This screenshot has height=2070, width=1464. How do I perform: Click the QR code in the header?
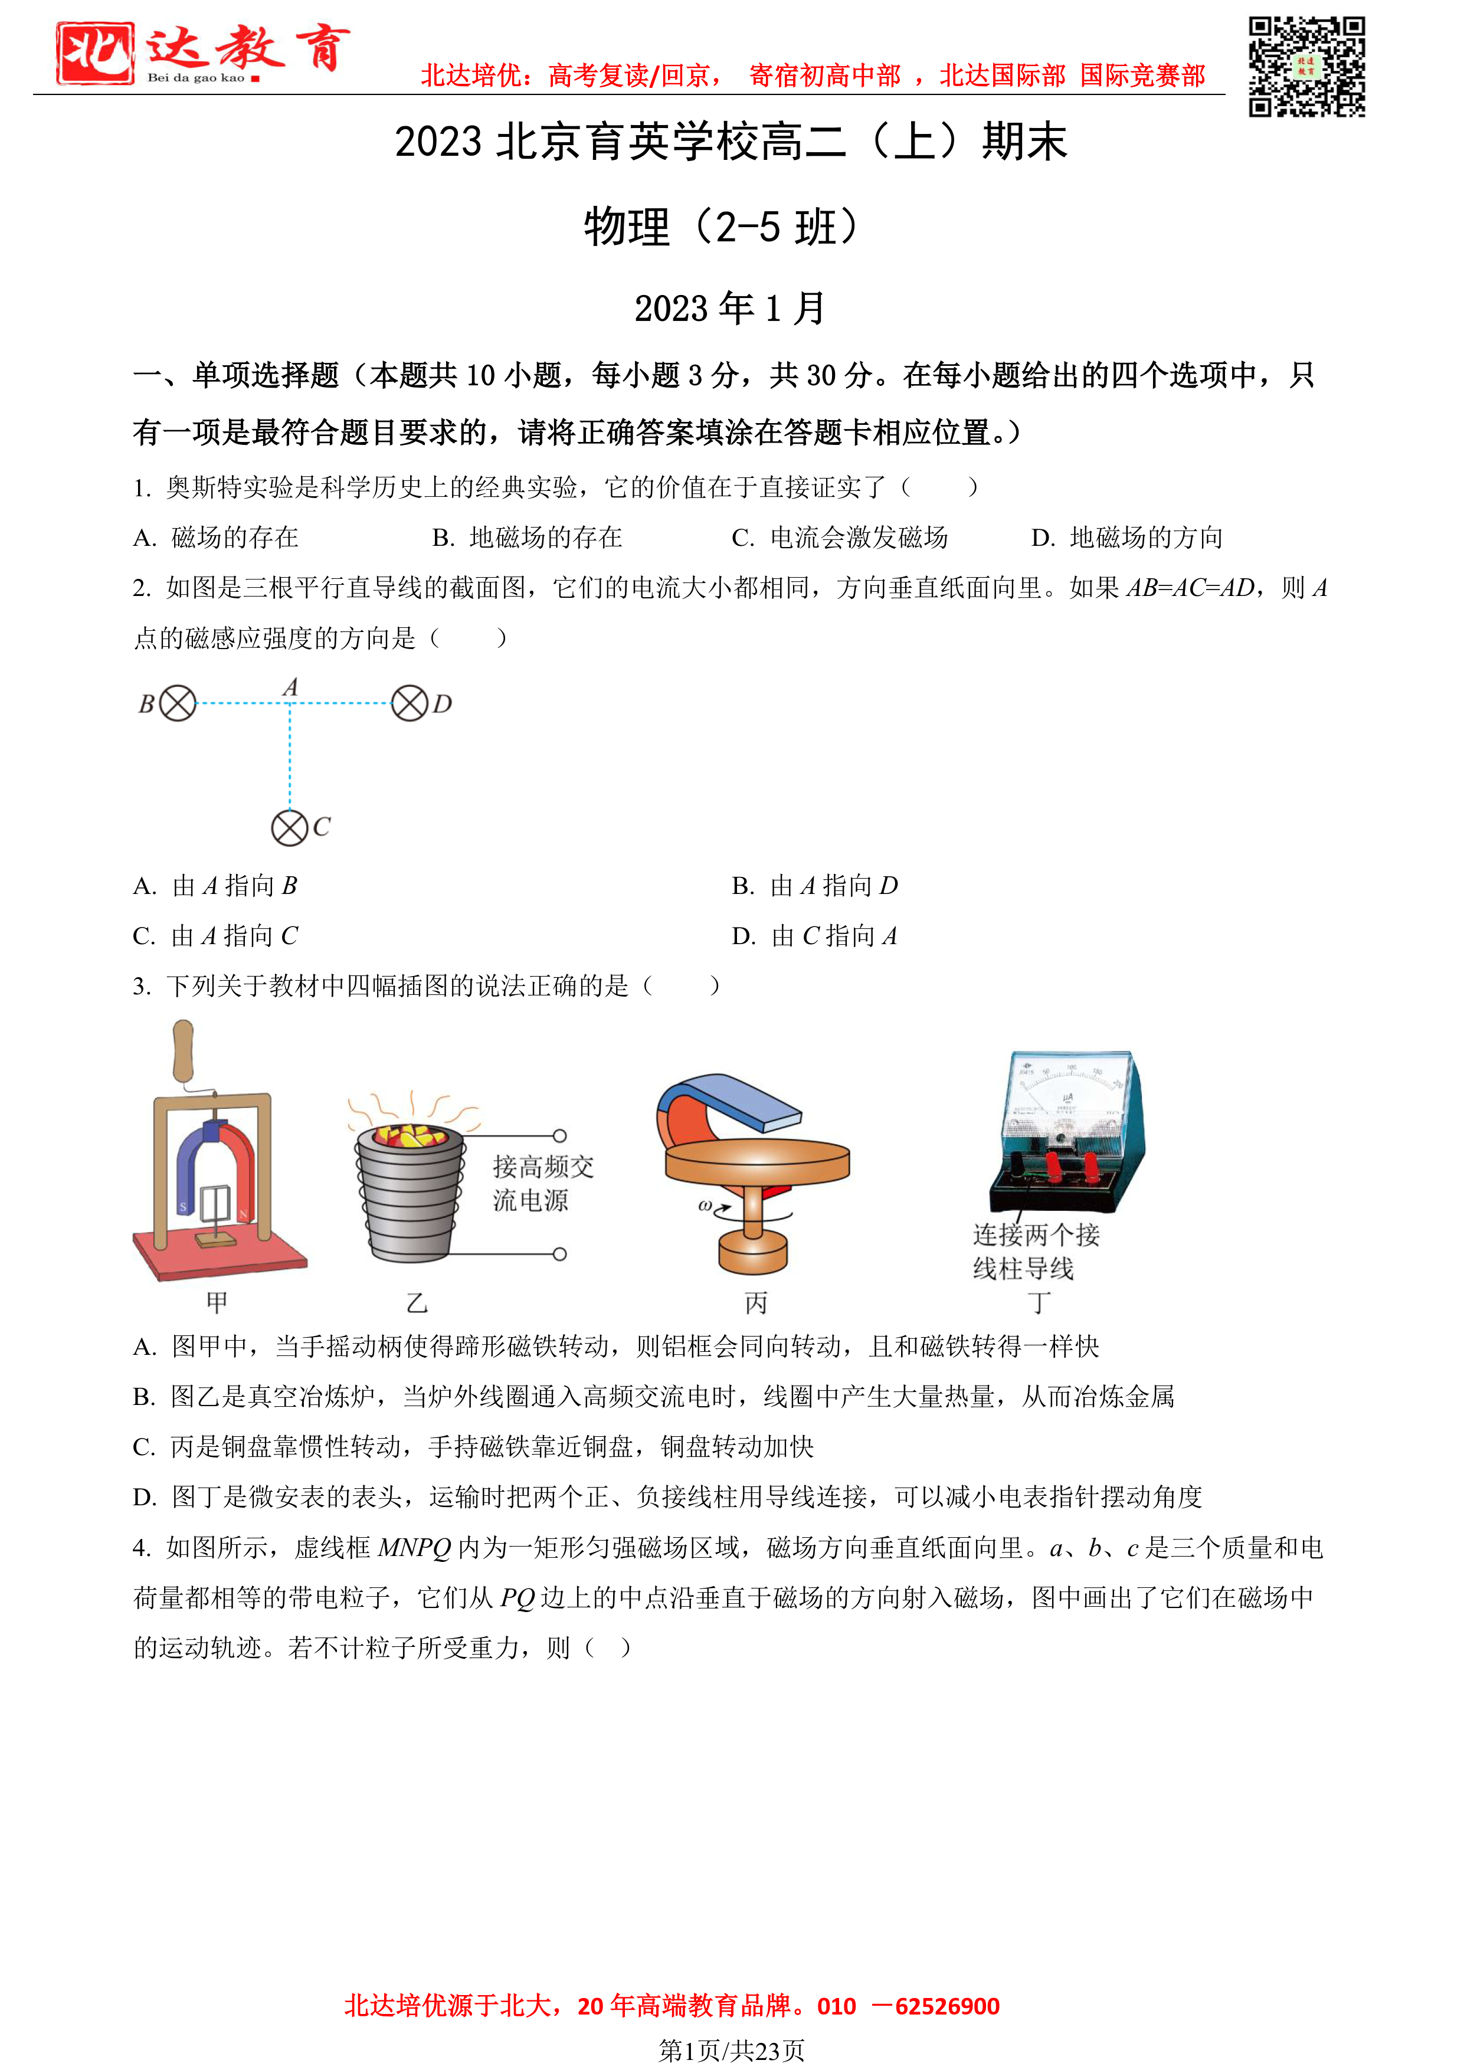[1306, 66]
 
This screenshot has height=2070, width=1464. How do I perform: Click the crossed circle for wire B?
[178, 703]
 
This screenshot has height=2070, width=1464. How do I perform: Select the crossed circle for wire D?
[410, 703]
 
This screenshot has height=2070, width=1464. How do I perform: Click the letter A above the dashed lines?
[290, 688]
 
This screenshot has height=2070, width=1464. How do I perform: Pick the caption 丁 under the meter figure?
[1039, 1303]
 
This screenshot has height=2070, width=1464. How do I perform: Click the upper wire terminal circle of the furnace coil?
[560, 1136]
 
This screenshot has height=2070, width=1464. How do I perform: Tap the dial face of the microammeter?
[1068, 1095]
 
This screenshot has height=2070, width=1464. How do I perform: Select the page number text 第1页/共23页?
[731, 2050]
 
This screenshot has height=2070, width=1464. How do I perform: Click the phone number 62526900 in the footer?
[948, 2006]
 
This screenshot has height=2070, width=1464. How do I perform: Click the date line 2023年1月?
[730, 309]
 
